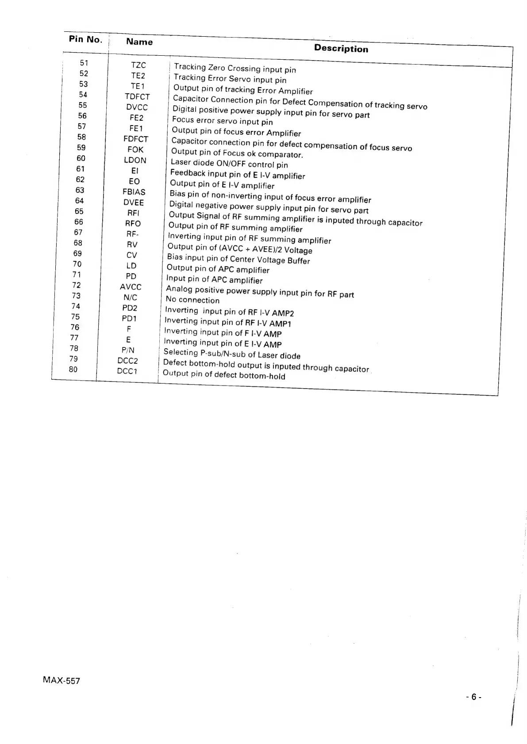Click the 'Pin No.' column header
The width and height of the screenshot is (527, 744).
tap(85, 39)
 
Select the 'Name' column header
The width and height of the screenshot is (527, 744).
tap(139, 42)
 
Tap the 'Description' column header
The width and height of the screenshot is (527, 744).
tap(341, 49)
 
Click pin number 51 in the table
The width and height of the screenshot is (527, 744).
tap(84, 63)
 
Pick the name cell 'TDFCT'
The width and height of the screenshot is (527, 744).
tap(137, 97)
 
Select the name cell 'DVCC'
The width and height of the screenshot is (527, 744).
tap(137, 107)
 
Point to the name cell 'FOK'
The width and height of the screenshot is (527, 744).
tap(135, 149)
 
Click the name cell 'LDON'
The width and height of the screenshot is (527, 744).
tap(135, 160)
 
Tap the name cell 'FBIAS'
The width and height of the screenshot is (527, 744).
tap(134, 192)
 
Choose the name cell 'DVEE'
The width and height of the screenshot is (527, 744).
tap(134, 202)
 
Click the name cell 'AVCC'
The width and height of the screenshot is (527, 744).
tap(131, 287)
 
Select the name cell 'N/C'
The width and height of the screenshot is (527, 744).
tap(130, 298)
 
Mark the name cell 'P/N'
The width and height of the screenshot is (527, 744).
tap(128, 350)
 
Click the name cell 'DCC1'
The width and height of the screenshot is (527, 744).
tap(127, 371)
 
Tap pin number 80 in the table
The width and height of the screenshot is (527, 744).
tap(73, 369)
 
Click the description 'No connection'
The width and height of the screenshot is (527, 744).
tap(192, 300)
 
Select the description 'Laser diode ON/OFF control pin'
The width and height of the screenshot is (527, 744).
tap(229, 164)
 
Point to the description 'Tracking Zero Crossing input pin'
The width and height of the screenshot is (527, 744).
tap(235, 68)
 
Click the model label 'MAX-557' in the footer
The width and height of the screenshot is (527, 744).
tap(62, 681)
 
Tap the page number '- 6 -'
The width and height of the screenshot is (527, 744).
tap(473, 697)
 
